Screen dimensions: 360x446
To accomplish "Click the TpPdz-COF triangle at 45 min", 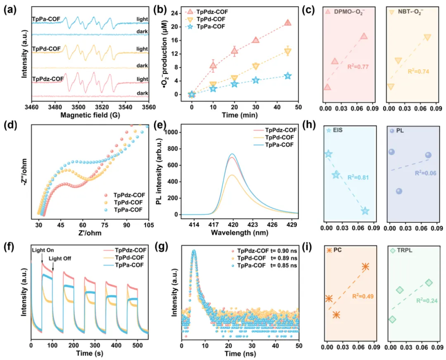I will click(x=287, y=23).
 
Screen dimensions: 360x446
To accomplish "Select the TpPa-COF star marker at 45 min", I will click(x=287, y=76).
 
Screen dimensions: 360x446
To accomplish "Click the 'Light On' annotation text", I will click(x=43, y=250).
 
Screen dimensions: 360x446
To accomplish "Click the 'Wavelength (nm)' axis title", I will click(x=236, y=232).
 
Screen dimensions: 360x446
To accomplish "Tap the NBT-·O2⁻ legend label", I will click(x=412, y=13).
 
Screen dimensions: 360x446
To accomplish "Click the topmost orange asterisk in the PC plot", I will click(x=365, y=267).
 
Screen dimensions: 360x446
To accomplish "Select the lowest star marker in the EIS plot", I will click(x=365, y=211).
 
